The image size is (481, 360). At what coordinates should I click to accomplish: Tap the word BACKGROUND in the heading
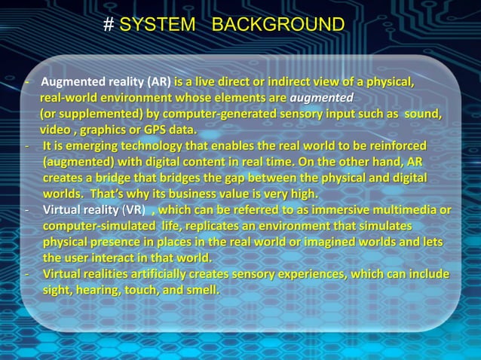(277, 25)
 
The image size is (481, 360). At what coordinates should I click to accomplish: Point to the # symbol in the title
(109, 25)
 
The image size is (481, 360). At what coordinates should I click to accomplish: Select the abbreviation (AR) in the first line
(159, 82)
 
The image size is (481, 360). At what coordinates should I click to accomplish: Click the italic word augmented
(322, 98)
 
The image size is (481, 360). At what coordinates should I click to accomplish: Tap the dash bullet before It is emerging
(28, 145)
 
